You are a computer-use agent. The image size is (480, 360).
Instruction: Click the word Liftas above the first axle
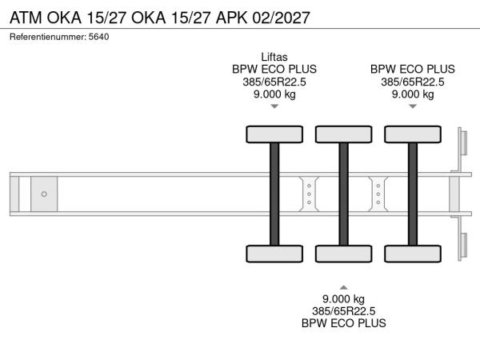(x=274, y=56)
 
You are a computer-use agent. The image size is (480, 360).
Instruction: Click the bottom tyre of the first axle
(x=274, y=254)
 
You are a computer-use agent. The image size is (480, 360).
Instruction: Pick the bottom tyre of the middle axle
(x=343, y=254)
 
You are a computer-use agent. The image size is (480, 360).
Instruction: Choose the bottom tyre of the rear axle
(x=413, y=254)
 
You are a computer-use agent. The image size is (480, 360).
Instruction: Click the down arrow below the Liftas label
(x=274, y=106)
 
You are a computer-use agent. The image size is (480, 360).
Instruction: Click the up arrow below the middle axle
(x=343, y=286)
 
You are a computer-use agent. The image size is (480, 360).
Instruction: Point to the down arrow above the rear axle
(x=413, y=106)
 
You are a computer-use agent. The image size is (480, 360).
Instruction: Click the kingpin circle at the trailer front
(x=44, y=194)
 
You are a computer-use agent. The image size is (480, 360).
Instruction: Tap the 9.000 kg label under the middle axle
(x=343, y=298)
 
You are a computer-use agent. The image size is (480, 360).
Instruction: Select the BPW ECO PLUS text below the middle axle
(x=343, y=323)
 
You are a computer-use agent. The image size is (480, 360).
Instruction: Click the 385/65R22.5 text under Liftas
(x=274, y=82)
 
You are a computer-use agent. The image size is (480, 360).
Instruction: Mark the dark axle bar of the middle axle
(x=343, y=194)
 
